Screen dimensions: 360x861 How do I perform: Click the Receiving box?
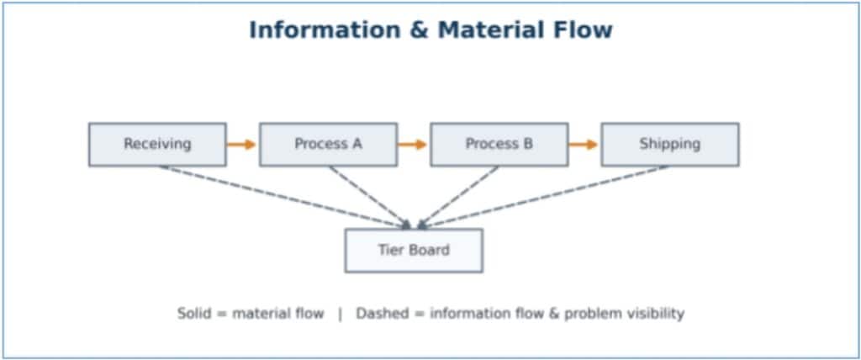click(157, 144)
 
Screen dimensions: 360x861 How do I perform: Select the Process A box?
click(328, 144)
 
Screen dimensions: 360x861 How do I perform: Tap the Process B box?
click(499, 144)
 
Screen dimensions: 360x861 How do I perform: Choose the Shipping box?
click(669, 144)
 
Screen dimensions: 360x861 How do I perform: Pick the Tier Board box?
click(413, 250)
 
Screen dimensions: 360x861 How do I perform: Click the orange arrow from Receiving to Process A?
click(241, 144)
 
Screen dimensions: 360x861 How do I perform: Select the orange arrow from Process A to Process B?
click(412, 144)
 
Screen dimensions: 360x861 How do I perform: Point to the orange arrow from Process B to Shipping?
click(583, 144)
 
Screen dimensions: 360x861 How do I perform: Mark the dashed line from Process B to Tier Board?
click(459, 195)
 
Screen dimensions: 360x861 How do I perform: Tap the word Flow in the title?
click(584, 30)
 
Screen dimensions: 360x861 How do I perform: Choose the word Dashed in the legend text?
click(383, 314)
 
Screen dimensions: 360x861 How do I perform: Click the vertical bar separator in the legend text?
click(340, 314)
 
